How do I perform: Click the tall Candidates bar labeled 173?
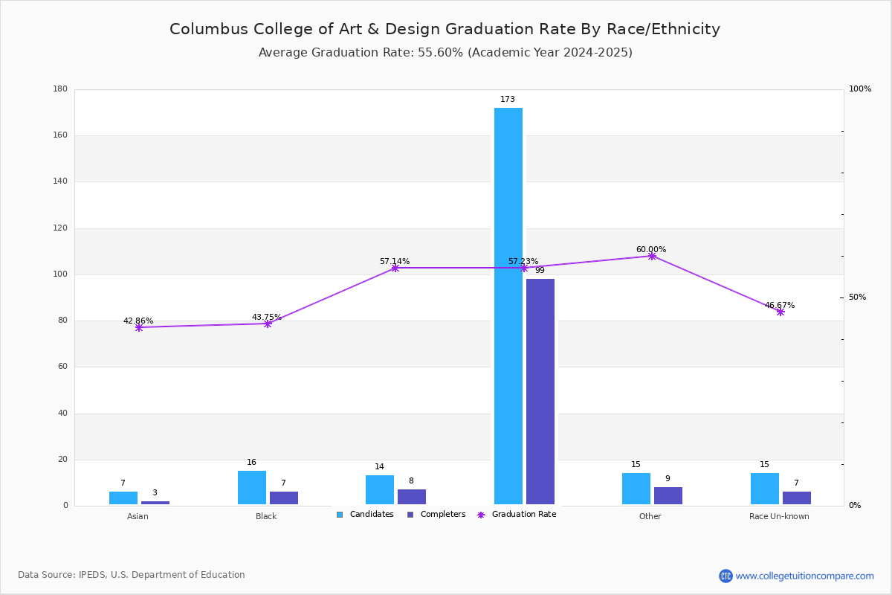pos(508,306)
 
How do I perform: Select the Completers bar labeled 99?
pos(540,391)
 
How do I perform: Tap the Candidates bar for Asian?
pos(123,498)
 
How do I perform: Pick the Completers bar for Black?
pos(284,498)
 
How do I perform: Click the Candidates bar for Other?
pos(636,489)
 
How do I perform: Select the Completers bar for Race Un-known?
pos(797,498)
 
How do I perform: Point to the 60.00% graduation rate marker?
pos(652,256)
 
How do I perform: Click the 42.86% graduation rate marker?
pos(139,327)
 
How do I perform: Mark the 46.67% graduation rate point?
pos(780,312)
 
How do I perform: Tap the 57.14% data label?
pos(395,262)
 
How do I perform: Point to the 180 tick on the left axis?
pos(60,89)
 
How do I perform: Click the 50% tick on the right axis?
pos(857,297)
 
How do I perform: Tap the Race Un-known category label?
pos(779,516)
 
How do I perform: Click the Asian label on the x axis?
pos(138,516)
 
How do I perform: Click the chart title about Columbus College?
pos(445,30)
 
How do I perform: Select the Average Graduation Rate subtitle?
pos(445,53)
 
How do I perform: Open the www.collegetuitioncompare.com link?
pos(804,576)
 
